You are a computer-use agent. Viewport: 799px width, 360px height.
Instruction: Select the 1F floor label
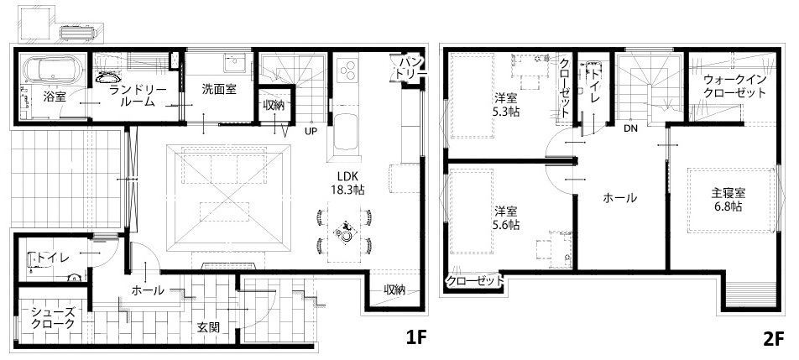tap(415, 337)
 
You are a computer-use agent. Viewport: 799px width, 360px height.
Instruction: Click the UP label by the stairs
tap(311, 130)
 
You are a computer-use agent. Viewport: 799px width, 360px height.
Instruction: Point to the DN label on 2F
tap(630, 129)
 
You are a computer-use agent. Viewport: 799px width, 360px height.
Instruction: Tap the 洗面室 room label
tap(218, 89)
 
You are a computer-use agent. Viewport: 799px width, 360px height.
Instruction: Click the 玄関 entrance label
tap(208, 327)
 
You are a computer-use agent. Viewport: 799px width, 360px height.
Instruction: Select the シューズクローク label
tap(53, 317)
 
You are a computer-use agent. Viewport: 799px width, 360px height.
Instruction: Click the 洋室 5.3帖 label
tap(507, 106)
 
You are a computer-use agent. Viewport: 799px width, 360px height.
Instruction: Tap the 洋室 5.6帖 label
tap(507, 217)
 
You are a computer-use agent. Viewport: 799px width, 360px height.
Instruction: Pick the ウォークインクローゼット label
tap(735, 86)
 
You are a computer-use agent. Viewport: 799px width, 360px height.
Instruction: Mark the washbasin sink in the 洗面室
tap(237, 64)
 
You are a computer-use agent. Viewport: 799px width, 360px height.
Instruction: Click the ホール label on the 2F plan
tap(619, 197)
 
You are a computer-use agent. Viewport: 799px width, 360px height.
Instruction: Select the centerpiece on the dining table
tap(344, 232)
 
